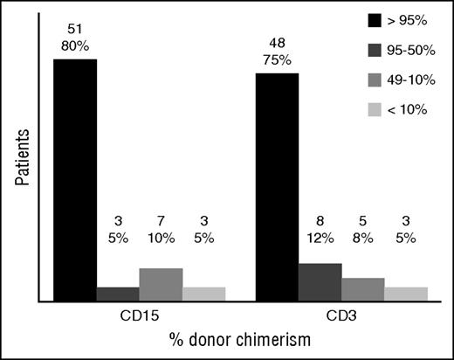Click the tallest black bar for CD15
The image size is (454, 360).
[x=75, y=179]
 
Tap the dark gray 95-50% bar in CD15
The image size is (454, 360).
[x=118, y=294]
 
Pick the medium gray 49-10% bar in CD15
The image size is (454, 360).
[x=161, y=284]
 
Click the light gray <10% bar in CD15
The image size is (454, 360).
[x=203, y=294]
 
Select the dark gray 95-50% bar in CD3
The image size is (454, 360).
[x=320, y=281]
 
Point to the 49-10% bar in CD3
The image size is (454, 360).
[x=363, y=289]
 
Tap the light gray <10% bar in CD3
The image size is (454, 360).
[x=406, y=294]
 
